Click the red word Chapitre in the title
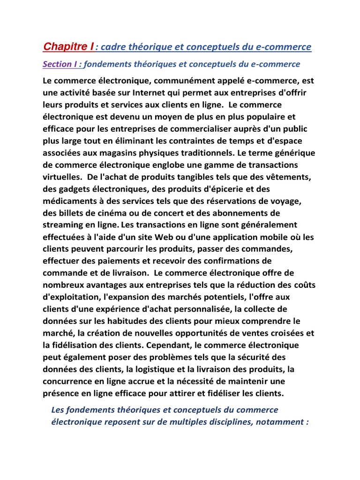pyautogui.click(x=67, y=47)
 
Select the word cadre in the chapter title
pyautogui.click(x=117, y=47)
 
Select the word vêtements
pyautogui.click(x=289, y=177)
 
